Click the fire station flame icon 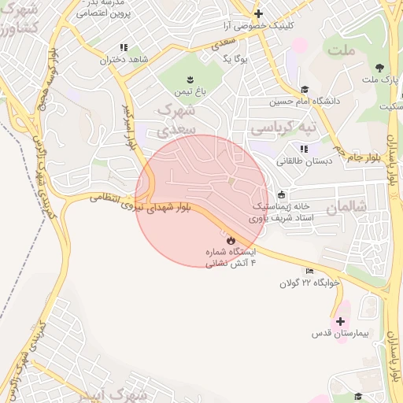coord(231,239)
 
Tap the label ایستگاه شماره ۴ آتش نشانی coord(231,257)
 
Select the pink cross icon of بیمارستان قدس coord(340,321)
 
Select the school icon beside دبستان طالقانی coord(304,149)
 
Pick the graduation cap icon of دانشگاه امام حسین coord(305,90)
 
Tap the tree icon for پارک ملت coord(380,68)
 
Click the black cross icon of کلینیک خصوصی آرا coord(258,13)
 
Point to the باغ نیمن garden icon coord(190,79)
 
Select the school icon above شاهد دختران coord(124,47)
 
